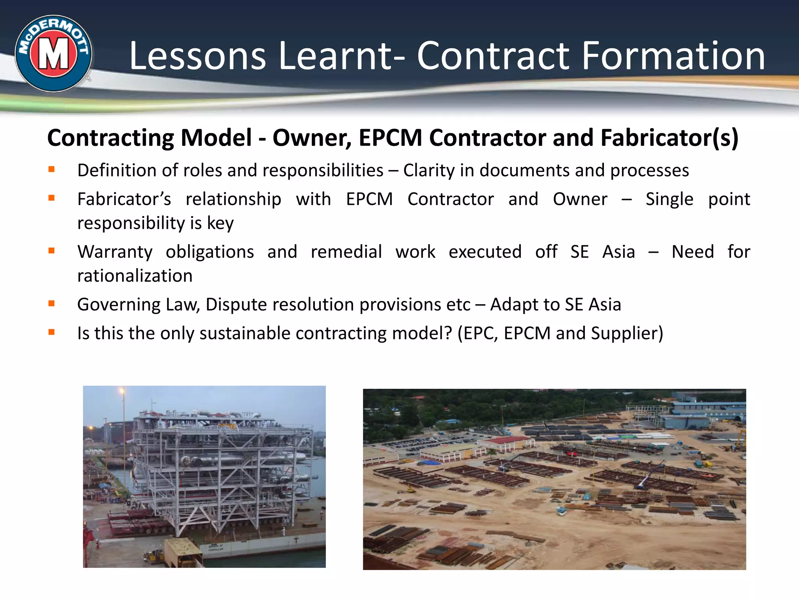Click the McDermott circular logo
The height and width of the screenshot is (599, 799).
[53, 54]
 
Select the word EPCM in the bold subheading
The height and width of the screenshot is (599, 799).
[390, 138]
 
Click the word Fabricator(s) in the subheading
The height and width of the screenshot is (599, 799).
[669, 138]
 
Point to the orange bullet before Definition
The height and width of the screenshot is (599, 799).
[51, 169]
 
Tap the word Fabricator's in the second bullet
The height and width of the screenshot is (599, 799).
[124, 199]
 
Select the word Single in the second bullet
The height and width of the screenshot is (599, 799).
[669, 199]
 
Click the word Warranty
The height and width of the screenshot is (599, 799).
[115, 252]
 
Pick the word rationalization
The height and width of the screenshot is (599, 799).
[135, 276]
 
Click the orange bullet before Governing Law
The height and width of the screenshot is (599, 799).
[51, 303]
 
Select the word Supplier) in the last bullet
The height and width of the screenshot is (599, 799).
[627, 333]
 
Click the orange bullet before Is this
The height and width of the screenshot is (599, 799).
[51, 332]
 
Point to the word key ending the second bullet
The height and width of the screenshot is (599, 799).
[220, 223]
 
